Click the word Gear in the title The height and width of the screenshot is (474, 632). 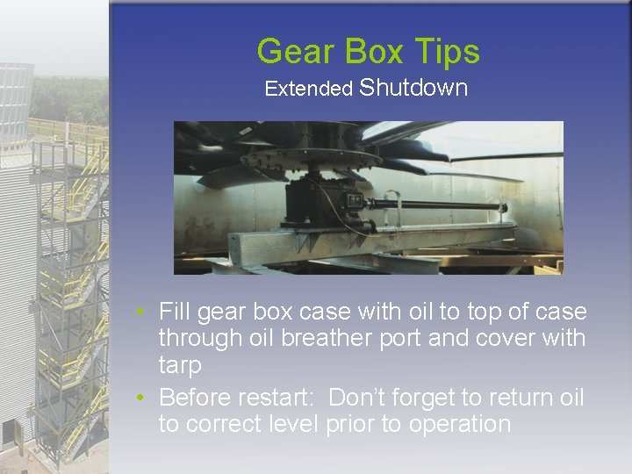[x=296, y=53]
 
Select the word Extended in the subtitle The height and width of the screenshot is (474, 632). [x=308, y=89]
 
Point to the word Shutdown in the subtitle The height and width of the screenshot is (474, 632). [x=413, y=88]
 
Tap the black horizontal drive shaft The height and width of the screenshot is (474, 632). [x=439, y=207]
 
